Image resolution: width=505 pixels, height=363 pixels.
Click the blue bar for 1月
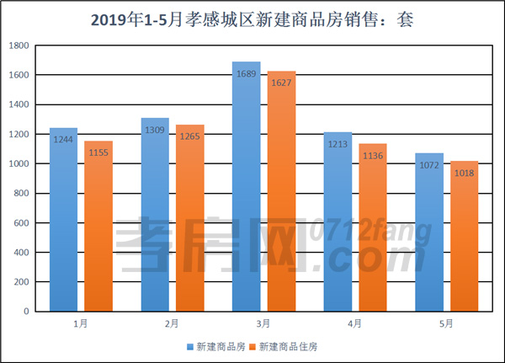click(64, 220)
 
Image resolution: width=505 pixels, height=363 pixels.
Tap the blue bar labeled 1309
click(155, 215)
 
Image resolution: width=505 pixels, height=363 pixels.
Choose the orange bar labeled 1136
click(373, 227)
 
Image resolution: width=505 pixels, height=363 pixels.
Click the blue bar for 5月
click(429, 232)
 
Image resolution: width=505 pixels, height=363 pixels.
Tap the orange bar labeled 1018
click(464, 237)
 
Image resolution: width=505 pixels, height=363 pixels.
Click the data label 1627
click(282, 83)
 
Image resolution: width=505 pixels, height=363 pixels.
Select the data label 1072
click(429, 165)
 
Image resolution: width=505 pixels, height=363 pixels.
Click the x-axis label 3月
click(263, 323)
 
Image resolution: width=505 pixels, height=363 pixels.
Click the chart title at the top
click(252, 18)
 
